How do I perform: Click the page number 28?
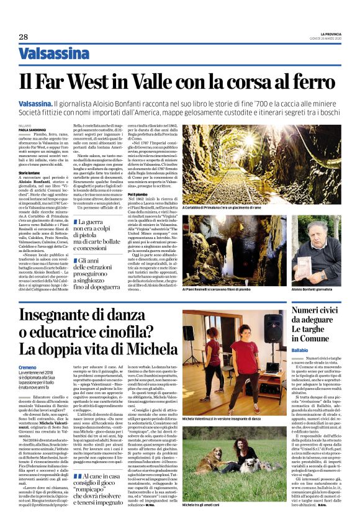23,37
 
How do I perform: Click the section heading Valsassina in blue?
54,54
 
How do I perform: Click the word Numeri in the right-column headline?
308,308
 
